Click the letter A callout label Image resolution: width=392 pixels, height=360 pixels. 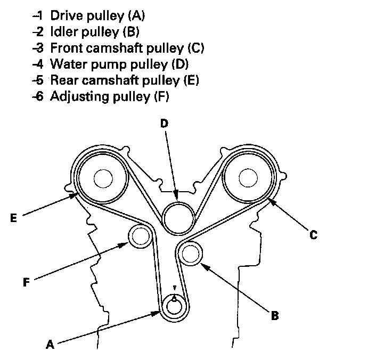50,345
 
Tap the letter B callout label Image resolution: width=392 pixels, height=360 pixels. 274,316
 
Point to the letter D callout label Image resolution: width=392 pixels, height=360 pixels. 164,124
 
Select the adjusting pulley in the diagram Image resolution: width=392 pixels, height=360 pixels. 139,235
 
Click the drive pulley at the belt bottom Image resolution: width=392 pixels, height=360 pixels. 174,306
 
